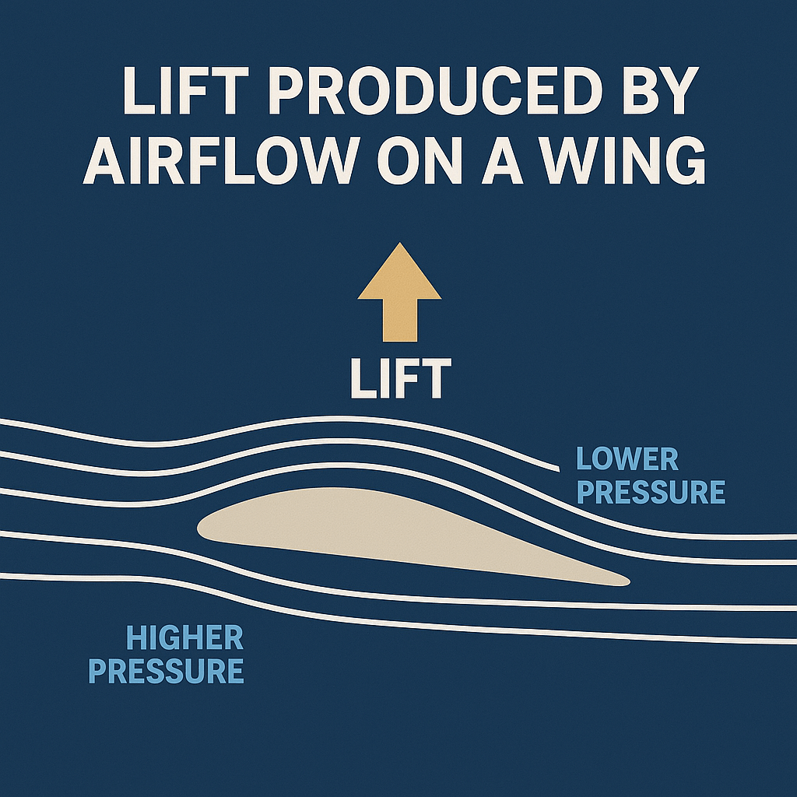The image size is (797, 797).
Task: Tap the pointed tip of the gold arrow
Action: coord(399,244)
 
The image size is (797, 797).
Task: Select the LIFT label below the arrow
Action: coord(400,379)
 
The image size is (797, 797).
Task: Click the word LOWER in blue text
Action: coord(627,459)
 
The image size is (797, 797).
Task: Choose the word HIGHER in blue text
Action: coord(184,638)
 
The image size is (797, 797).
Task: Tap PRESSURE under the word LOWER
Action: coord(651,493)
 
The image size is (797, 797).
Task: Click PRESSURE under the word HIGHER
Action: coord(166,671)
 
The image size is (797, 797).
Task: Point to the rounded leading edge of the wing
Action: coord(201,527)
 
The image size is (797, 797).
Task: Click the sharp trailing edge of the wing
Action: coord(627,581)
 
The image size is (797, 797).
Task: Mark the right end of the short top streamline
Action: coord(559,469)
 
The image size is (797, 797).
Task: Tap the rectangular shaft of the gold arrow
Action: coord(399,319)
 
